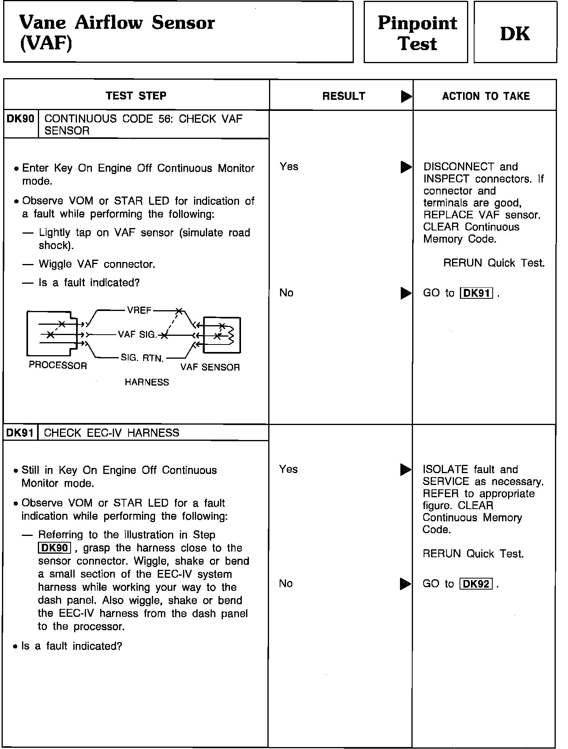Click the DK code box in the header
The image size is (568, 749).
point(515,32)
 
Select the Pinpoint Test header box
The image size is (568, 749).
point(416,32)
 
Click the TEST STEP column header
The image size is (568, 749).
point(136,95)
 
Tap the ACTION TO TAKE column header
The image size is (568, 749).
point(486,96)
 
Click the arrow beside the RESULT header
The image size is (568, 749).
point(405,96)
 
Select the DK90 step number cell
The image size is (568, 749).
point(21,119)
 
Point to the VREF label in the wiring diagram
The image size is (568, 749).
point(139,310)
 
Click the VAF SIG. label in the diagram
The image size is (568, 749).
point(137,335)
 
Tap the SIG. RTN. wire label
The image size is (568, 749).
point(142,358)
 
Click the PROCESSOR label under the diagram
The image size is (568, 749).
point(58,365)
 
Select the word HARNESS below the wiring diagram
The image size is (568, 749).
point(147,382)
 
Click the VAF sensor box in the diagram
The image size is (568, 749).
point(221,335)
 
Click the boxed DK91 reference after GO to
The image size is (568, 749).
point(476,293)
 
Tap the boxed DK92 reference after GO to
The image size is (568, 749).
point(476,584)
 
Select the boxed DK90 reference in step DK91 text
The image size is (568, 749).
point(54,548)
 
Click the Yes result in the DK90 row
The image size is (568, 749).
point(289,167)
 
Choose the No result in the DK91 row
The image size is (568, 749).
point(286,583)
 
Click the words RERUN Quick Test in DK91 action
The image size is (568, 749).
point(473,554)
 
